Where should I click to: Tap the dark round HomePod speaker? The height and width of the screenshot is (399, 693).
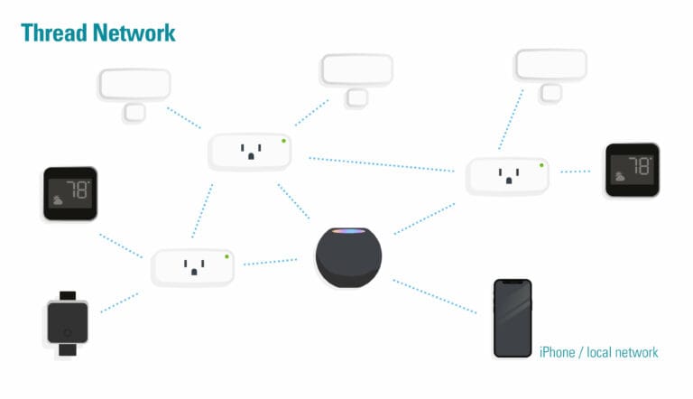[348, 259]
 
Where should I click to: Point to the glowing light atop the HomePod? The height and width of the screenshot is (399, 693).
[348, 233]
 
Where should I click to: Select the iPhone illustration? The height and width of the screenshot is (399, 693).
[512, 318]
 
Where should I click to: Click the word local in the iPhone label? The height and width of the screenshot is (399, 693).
[600, 352]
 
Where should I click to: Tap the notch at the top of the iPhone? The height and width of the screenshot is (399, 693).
[512, 283]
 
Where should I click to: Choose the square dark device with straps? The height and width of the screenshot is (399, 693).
[67, 322]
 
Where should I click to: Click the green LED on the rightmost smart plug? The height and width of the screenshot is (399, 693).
[541, 164]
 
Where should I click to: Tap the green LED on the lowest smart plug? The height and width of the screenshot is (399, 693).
[226, 256]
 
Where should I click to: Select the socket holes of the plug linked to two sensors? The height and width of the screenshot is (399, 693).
[249, 152]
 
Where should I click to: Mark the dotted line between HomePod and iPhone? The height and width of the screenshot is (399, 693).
[434, 296]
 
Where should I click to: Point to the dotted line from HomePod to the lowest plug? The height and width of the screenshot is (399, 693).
[270, 263]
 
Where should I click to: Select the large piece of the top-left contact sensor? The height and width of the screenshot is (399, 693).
[134, 84]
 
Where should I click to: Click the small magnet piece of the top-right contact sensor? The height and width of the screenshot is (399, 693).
[550, 92]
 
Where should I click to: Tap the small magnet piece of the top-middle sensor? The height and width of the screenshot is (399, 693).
[356, 97]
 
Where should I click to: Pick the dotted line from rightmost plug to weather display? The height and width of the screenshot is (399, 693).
[575, 171]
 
